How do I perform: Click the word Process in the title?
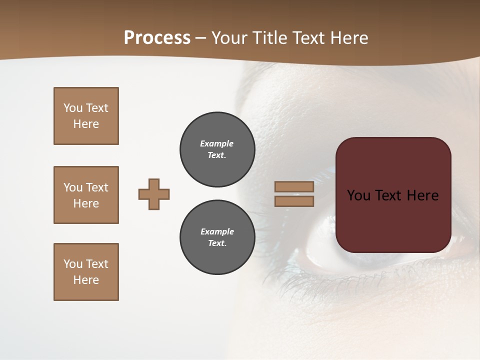pyautogui.click(x=157, y=38)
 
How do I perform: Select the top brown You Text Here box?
pyautogui.click(x=86, y=116)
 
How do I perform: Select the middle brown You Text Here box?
pyautogui.click(x=86, y=195)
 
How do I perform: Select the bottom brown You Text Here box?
pyautogui.click(x=86, y=272)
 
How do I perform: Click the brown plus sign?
pyautogui.click(x=154, y=194)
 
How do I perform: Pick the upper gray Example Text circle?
pyautogui.click(x=217, y=149)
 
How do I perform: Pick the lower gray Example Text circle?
pyautogui.click(x=217, y=237)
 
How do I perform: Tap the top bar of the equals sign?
pyautogui.click(x=294, y=186)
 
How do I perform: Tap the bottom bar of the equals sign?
pyautogui.click(x=294, y=201)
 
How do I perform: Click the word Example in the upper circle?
pyautogui.click(x=217, y=143)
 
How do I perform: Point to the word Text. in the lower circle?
pyautogui.click(x=217, y=243)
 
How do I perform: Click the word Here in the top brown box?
pyautogui.click(x=86, y=124)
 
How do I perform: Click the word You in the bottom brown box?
pyautogui.click(x=72, y=264)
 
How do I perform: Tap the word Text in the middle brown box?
pyautogui.click(x=96, y=187)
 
